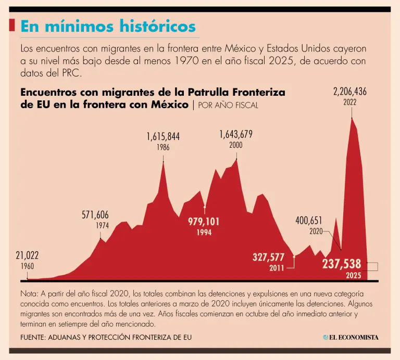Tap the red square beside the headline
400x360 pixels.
[x=12, y=25]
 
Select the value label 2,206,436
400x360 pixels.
[x=349, y=92]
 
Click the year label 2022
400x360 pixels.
[x=349, y=102]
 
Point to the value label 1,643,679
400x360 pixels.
[x=235, y=135]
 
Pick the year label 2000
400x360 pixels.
[x=235, y=145]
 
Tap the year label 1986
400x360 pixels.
[x=163, y=147]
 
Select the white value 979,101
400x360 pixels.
[x=204, y=222]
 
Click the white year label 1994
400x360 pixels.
[x=204, y=233]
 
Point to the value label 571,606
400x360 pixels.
[x=95, y=215]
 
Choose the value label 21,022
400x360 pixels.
[x=27, y=255]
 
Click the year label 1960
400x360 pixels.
[x=27, y=266]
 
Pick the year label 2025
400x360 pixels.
[x=354, y=275]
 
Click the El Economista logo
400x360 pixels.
[x=351, y=338]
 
